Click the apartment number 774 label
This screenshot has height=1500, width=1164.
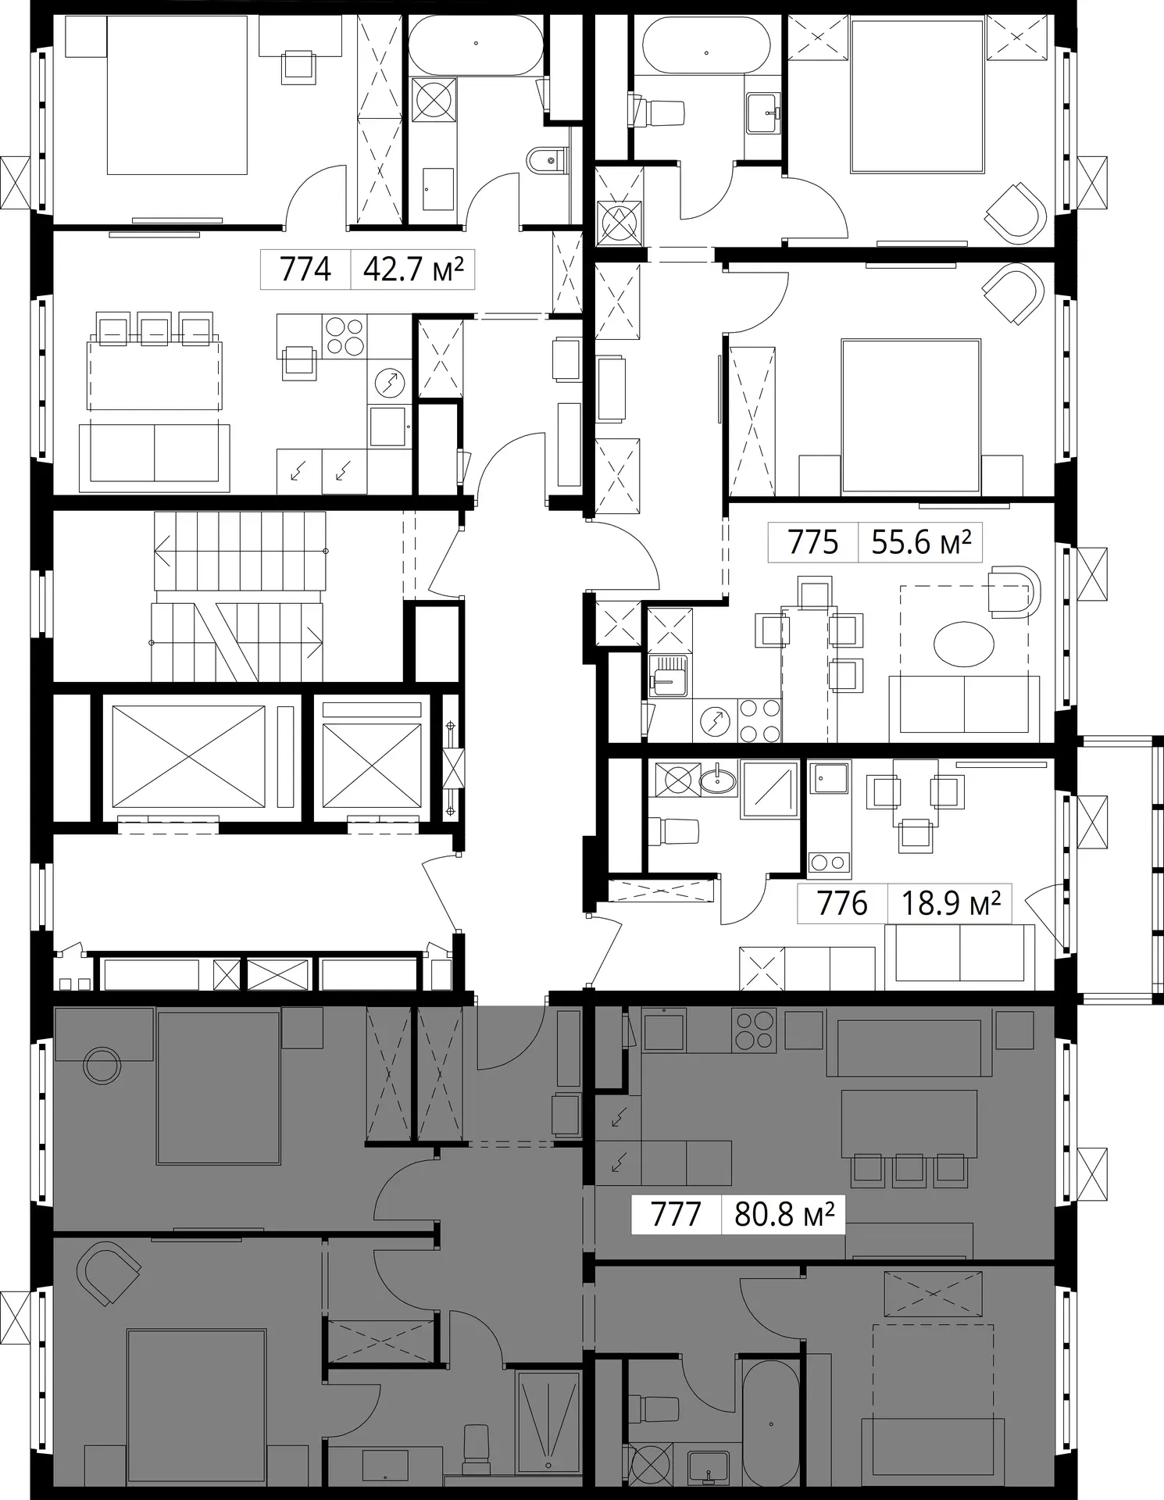click(305, 270)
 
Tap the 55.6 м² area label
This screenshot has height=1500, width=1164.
click(921, 541)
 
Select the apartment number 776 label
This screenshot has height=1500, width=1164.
click(842, 903)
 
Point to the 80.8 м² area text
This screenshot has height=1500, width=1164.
click(784, 1215)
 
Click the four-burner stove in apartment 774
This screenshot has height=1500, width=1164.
click(345, 336)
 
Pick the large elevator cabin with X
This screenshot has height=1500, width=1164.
click(189, 757)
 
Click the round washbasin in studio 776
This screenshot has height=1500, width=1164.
click(718, 780)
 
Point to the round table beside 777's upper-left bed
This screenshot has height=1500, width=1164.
click(102, 1066)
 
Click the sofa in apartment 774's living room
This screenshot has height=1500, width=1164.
click(155, 458)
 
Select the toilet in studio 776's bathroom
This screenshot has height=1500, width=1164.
click(674, 831)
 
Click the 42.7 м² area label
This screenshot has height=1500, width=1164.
click(413, 270)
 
